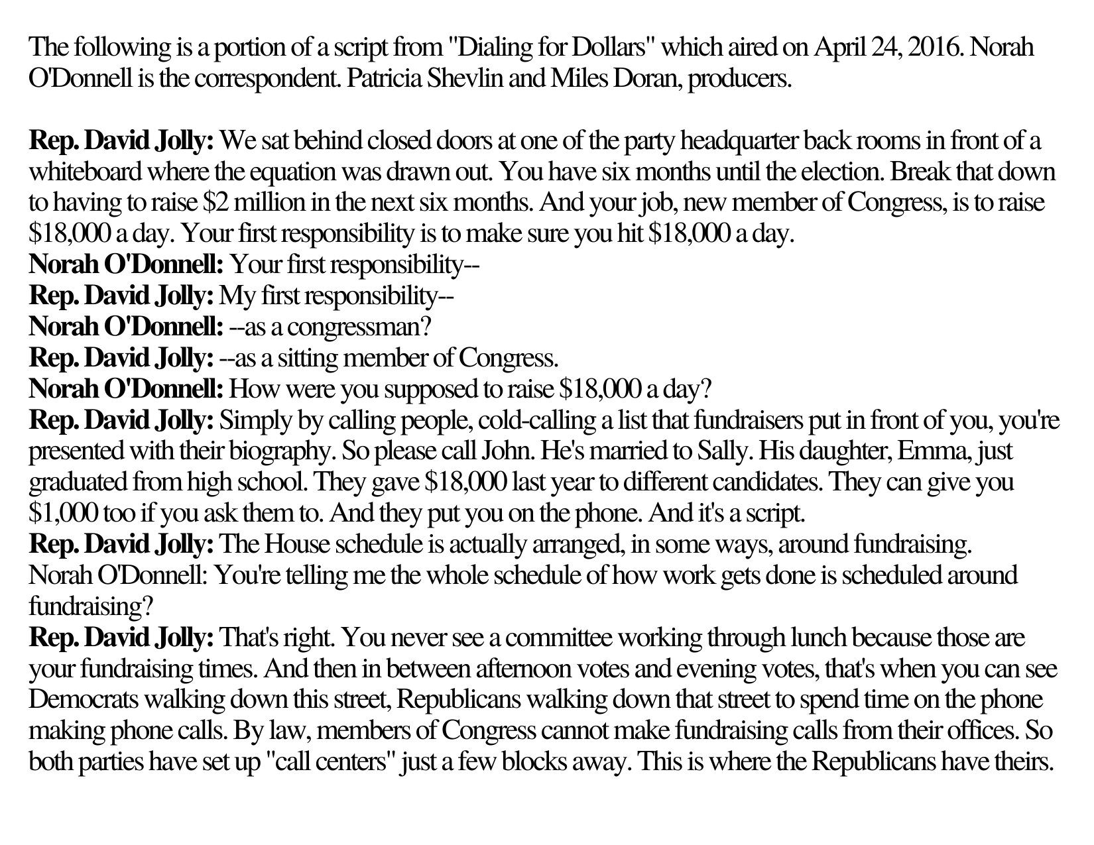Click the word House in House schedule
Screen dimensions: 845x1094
(x=290, y=545)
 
